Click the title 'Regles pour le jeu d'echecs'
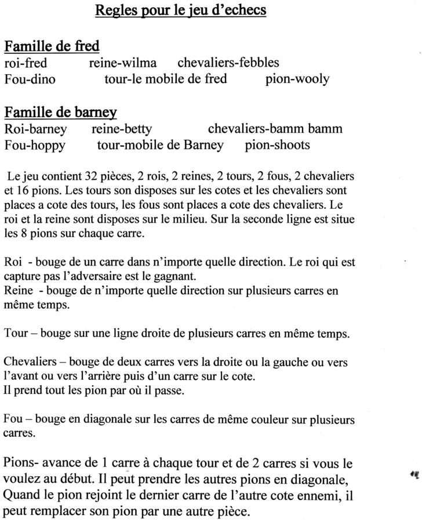180,10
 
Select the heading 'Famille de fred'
52,46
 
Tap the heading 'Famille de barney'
60,112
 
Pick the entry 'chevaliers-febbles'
228,63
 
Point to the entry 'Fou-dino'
30,79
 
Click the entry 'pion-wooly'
297,79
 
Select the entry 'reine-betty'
122,129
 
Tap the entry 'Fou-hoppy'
35,145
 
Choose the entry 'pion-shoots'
277,145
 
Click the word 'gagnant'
177,276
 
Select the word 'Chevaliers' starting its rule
30,362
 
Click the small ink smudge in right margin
414,474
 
